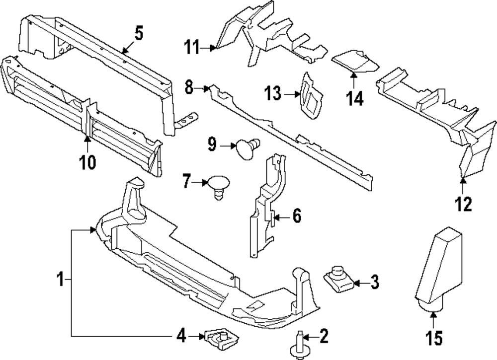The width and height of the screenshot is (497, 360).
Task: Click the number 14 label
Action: (x=355, y=98)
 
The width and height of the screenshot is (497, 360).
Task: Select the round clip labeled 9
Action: (x=247, y=147)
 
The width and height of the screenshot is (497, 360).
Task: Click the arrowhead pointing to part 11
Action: (x=214, y=48)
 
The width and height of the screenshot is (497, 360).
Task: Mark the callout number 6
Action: (x=296, y=217)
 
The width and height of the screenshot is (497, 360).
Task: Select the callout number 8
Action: (x=188, y=88)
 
